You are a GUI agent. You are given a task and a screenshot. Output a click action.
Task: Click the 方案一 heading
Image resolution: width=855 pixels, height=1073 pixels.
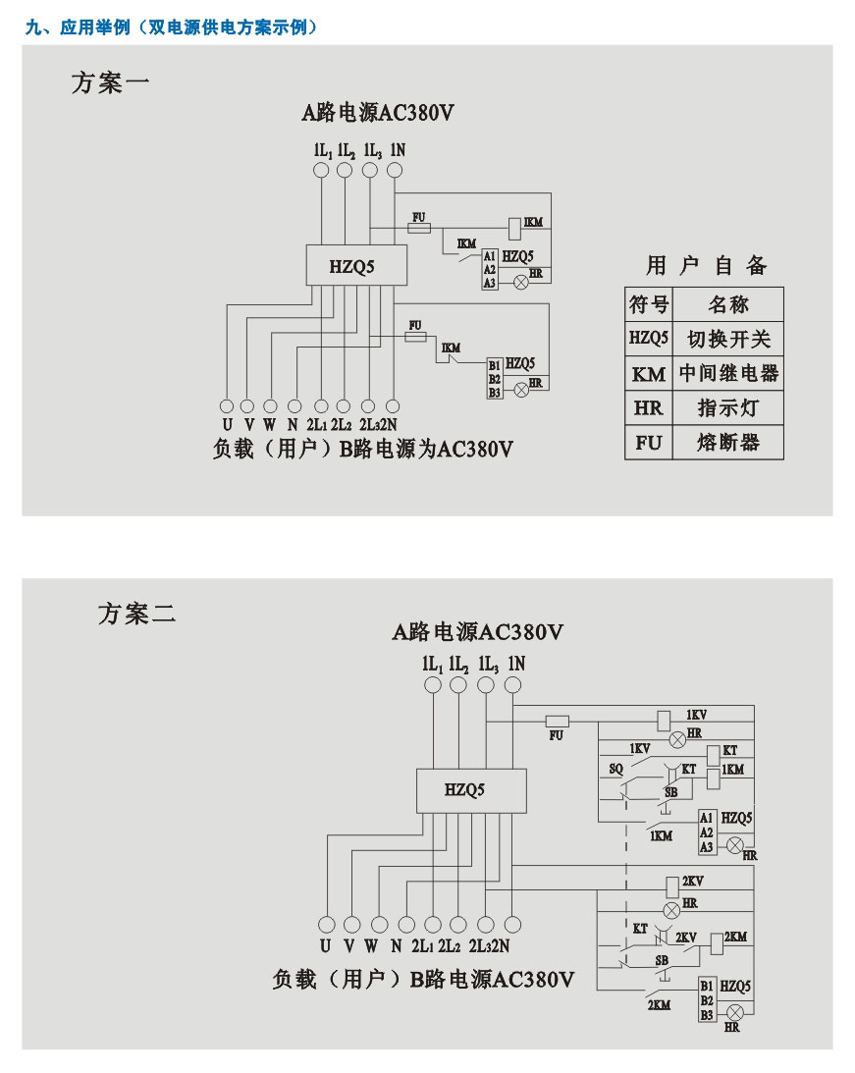coord(110,82)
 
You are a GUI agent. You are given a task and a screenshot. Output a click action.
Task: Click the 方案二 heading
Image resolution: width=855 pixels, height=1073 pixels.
coord(136,615)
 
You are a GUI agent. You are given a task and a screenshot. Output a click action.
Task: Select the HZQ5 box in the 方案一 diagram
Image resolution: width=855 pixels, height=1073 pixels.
coord(352,266)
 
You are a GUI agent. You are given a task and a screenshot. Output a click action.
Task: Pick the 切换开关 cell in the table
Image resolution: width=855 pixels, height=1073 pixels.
coord(728,340)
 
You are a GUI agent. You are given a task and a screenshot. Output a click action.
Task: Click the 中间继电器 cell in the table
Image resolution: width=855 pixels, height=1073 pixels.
coord(728,374)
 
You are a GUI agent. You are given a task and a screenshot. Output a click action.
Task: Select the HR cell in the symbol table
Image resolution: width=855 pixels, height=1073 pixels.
coord(649,408)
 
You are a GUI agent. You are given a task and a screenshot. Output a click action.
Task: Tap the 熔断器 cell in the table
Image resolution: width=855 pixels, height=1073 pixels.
coord(728,442)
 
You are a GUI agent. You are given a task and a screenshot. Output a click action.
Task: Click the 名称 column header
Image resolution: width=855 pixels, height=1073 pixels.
coord(728,304)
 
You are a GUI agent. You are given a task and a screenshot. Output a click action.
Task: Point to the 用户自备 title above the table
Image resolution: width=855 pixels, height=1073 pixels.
coord(706,265)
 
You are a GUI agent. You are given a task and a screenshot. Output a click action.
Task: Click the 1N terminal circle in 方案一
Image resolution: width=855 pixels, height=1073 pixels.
coord(395,171)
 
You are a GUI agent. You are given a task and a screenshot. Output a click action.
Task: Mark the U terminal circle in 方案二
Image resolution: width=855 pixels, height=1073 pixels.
coord(326,924)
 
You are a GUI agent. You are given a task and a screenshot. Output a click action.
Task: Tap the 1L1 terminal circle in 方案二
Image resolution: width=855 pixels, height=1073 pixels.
coord(432,685)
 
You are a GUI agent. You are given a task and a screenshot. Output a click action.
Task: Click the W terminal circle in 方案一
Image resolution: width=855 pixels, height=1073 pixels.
coord(270,405)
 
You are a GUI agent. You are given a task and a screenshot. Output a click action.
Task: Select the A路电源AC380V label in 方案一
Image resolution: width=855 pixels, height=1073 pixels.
coord(377,113)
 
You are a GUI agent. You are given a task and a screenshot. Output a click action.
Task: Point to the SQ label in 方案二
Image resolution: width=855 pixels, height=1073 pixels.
coord(615,769)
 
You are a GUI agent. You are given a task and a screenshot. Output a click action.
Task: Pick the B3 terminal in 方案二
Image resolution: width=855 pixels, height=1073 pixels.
coord(706,1013)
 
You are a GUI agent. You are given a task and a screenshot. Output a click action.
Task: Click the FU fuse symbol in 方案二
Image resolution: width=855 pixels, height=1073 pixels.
coord(557,720)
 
